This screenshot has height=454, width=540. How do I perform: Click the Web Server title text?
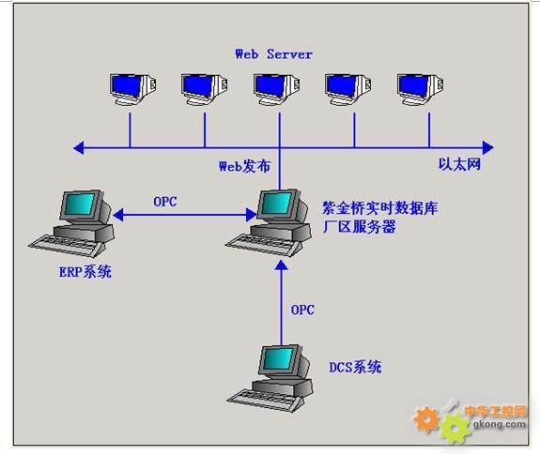pos(274,54)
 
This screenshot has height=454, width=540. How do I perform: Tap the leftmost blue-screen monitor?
pos(133,89)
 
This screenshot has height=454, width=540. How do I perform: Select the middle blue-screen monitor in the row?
pos(276,89)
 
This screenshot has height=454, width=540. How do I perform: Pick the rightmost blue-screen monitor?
pos(420,89)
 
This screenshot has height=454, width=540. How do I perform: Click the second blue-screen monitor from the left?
pos(205,89)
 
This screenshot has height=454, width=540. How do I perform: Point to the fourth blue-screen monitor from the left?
pos(348,89)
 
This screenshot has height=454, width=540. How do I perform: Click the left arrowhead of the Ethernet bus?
pos(79,148)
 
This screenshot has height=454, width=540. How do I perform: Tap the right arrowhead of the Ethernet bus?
pos(488,148)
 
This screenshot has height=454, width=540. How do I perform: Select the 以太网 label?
pos(459,164)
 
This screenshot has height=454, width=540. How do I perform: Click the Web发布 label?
pos(245,166)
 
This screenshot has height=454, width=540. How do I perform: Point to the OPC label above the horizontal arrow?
pos(165,202)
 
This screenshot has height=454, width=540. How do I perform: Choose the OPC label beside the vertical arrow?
pos(302,310)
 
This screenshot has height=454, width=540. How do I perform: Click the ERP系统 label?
pos(85,272)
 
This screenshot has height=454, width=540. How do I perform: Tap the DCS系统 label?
pos(355,368)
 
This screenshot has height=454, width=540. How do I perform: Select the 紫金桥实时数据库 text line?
pos(380,208)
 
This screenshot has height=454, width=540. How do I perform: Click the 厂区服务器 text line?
pos(359,227)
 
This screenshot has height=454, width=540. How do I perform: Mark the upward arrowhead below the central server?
pos(282,265)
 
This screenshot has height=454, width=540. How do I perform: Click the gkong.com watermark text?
pos(500,424)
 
